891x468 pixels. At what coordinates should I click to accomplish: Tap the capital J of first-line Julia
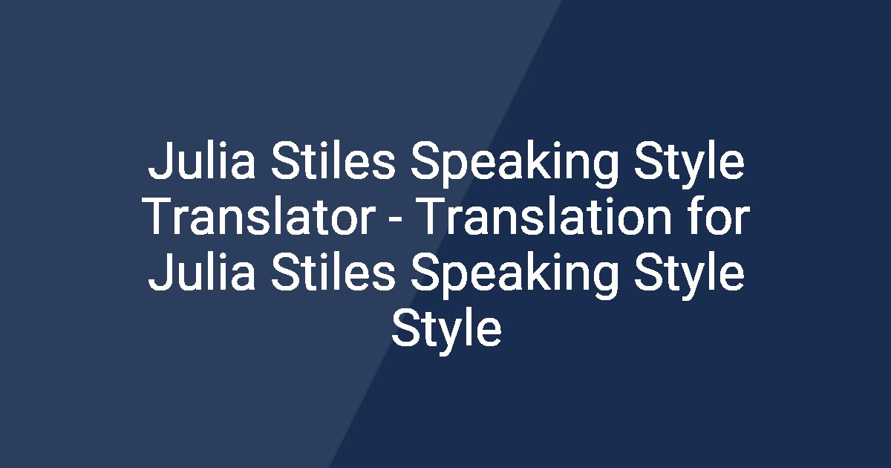click(x=158, y=165)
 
